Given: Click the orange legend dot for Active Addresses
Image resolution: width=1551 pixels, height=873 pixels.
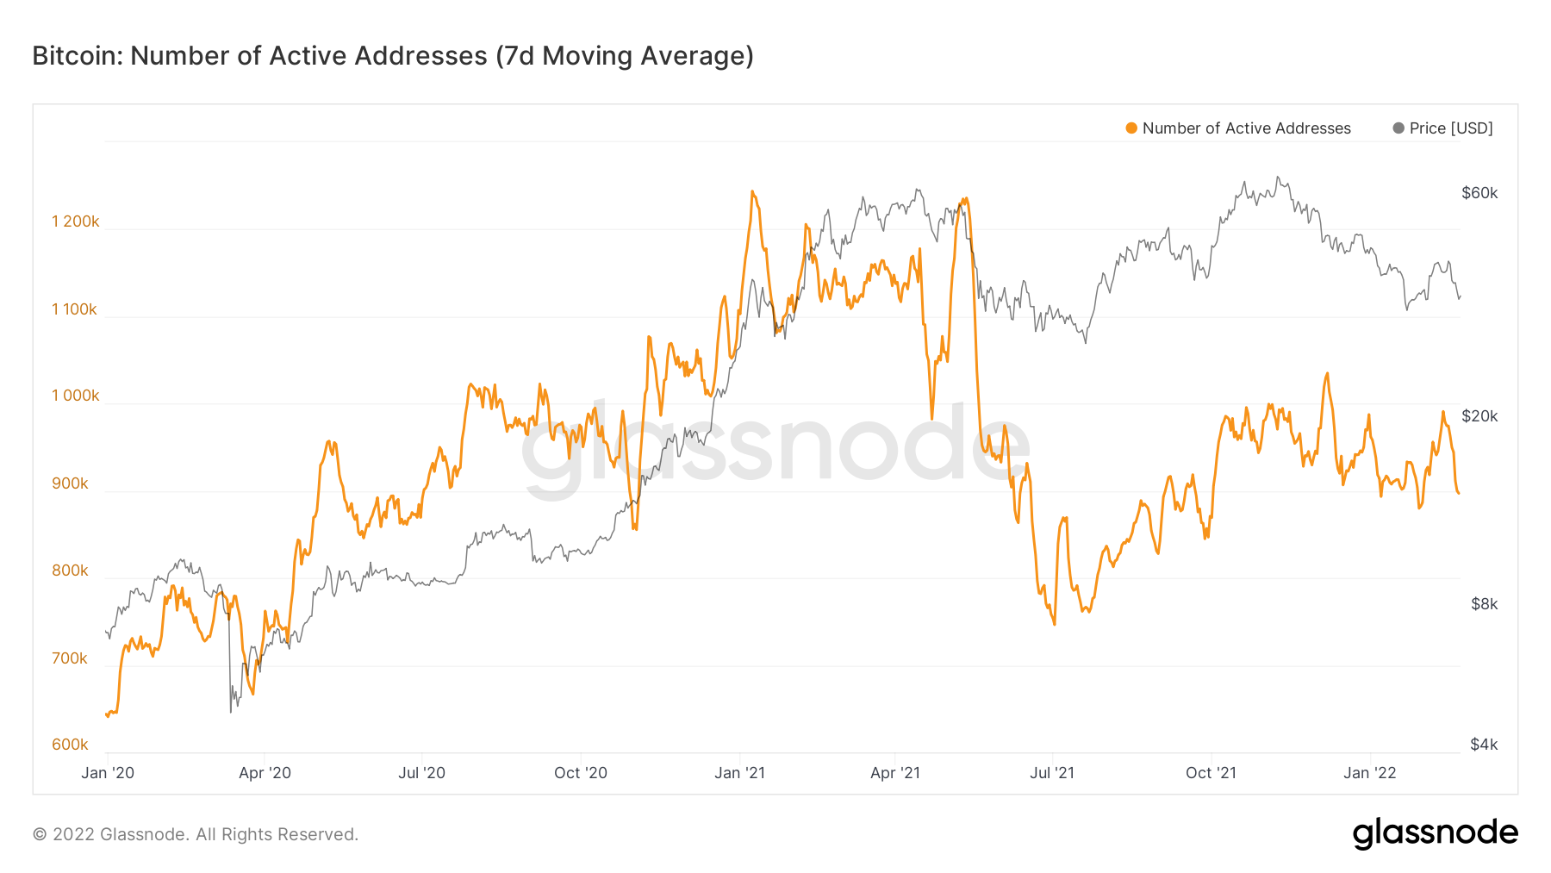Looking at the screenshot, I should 1131,128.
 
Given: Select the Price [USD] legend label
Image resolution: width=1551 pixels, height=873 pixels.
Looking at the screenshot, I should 1451,128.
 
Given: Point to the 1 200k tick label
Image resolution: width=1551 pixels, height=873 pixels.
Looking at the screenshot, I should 76,221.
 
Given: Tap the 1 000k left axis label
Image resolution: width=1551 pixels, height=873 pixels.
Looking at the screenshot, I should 76,396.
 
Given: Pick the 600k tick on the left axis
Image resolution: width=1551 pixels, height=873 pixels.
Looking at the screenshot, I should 70,745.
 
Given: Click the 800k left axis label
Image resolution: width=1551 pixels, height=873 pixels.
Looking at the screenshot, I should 70,571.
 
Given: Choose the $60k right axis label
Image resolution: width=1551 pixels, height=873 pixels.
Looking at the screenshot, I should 1479,193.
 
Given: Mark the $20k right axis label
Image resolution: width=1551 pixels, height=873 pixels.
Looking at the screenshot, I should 1479,416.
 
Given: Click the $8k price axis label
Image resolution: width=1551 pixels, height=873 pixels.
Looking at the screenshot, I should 1484,604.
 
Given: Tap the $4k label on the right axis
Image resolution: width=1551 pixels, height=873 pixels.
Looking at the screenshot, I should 1484,745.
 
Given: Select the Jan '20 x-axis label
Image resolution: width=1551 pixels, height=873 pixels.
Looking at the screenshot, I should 108,773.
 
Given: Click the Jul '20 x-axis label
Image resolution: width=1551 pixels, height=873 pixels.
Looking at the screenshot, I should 421,773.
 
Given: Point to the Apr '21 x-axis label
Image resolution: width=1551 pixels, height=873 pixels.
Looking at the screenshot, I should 895,773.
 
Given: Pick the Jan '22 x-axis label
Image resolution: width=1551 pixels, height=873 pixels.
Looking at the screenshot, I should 1370,773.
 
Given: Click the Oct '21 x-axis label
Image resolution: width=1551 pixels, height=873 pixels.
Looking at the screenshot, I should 1211,773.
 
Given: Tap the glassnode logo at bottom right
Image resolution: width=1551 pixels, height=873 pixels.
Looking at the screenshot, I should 1435,833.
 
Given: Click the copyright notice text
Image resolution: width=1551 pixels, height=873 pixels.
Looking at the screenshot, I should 196,834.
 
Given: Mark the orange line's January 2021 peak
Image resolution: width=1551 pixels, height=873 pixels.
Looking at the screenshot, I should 752,192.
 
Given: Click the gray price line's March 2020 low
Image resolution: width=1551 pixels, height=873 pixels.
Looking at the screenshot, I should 231,711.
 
